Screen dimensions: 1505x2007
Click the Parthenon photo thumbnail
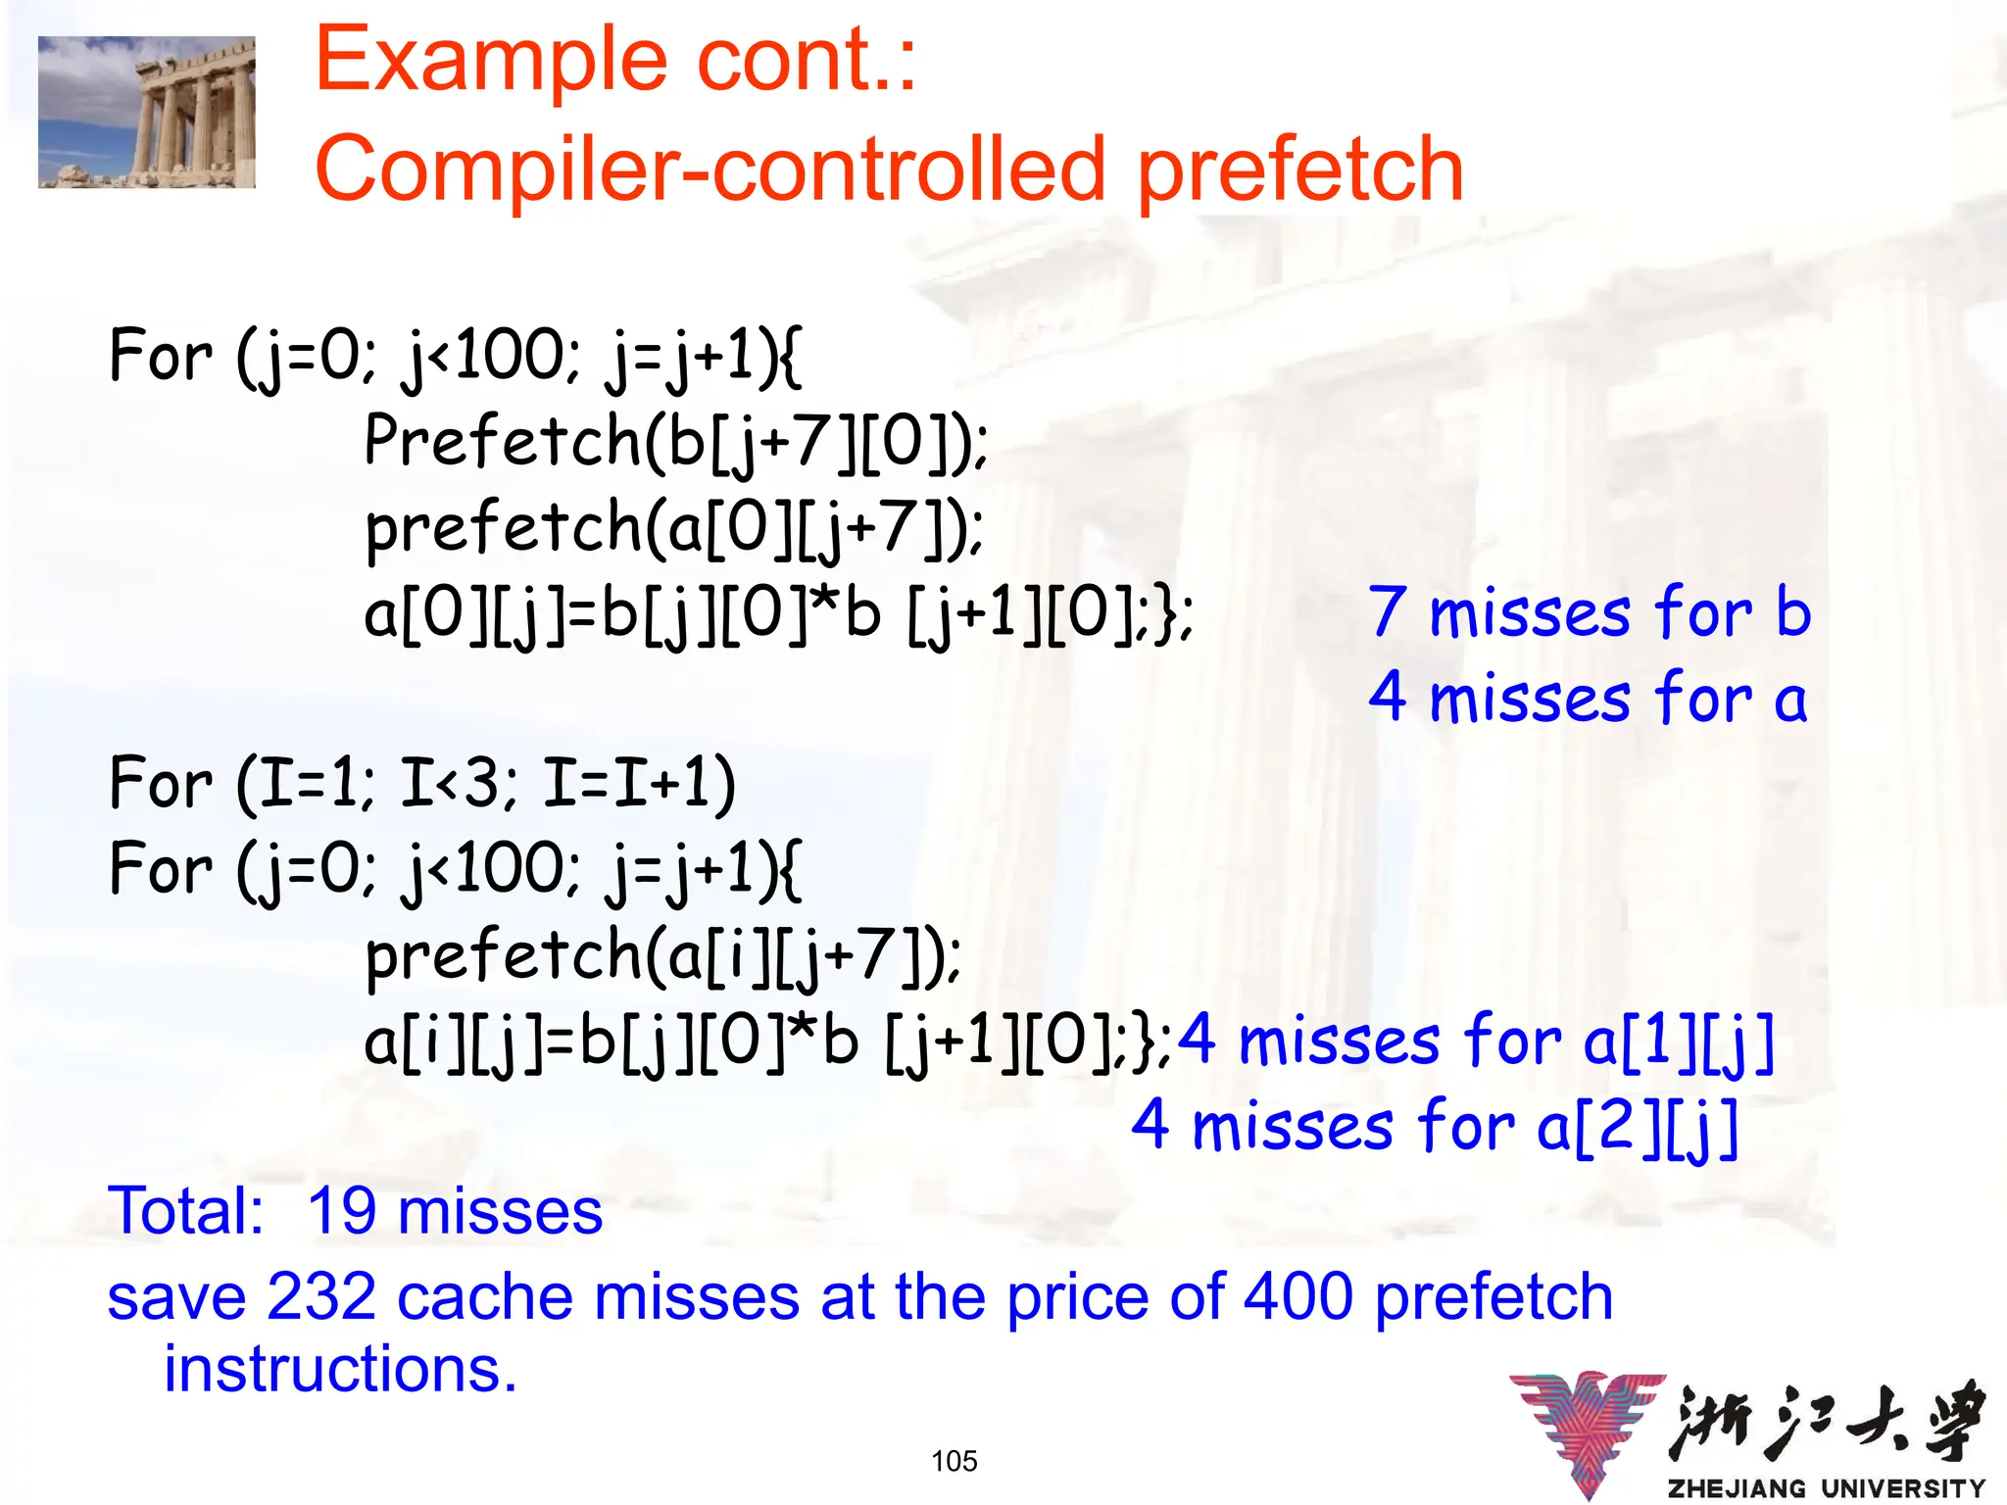click(147, 112)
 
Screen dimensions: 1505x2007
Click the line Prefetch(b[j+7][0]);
click(676, 441)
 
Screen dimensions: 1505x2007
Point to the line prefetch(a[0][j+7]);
click(674, 527)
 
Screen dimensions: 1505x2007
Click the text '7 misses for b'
click(1589, 612)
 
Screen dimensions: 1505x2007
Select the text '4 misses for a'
click(1587, 699)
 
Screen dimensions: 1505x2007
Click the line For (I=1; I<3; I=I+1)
click(422, 784)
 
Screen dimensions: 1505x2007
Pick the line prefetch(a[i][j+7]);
click(662, 955)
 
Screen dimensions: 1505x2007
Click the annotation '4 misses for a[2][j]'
click(1435, 1127)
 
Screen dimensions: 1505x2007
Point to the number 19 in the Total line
click(342, 1211)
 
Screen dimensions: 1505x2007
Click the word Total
click(185, 1211)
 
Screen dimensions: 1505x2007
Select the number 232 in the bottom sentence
click(321, 1297)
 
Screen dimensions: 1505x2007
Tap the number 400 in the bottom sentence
click(1299, 1297)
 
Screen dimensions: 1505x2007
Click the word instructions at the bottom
click(339, 1369)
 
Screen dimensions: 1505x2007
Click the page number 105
click(955, 1461)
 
